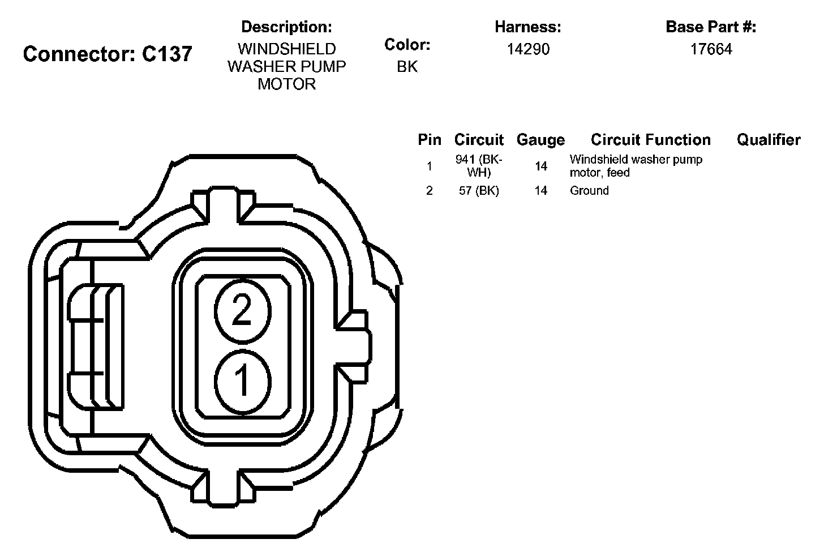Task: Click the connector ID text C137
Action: point(167,54)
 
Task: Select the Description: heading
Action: point(286,27)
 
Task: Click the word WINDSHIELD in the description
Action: point(286,49)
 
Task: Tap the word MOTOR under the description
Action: point(286,84)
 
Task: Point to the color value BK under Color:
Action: point(407,67)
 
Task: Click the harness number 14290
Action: point(528,49)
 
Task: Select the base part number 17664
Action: point(711,49)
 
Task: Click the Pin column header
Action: point(430,140)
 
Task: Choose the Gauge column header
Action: point(540,140)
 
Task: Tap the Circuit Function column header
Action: point(651,140)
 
